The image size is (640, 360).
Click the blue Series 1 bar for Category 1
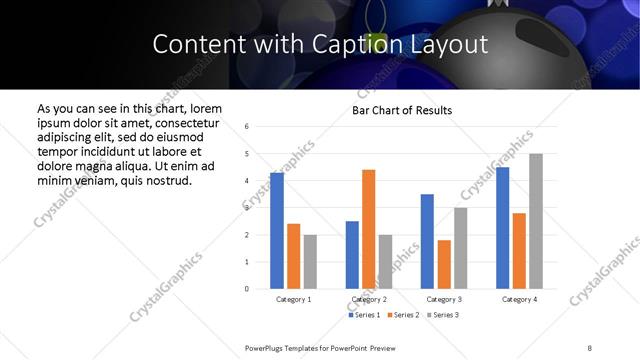277,231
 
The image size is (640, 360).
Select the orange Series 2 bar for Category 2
368,229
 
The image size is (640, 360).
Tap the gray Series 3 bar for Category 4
536,221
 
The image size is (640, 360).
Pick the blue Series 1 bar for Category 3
427,241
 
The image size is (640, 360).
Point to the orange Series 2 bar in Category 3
444,264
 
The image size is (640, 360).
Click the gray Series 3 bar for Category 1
310,261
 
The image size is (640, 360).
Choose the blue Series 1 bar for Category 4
502,228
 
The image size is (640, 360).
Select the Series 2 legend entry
402,315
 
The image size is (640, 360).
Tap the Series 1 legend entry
363,315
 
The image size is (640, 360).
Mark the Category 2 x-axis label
368,299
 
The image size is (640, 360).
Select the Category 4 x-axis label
519,299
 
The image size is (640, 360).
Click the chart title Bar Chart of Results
402,110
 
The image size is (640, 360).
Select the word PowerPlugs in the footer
266,347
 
